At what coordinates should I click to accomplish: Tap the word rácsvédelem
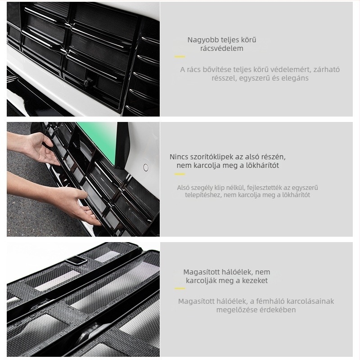(221, 49)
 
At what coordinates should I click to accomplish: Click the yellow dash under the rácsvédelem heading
(180, 57)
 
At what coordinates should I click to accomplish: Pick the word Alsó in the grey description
(183, 188)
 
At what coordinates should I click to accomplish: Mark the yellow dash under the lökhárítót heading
(180, 174)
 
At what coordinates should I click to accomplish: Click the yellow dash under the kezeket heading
(180, 288)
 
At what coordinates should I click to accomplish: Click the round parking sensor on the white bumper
(146, 167)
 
